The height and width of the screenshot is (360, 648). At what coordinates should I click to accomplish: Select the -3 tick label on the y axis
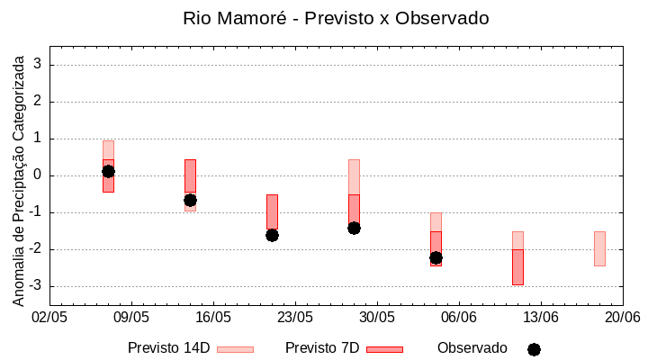point(36,286)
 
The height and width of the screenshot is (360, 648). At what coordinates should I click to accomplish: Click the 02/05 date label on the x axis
point(49,318)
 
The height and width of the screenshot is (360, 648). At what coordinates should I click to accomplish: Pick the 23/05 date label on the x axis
point(295,318)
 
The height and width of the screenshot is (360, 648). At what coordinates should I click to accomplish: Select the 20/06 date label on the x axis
point(622,318)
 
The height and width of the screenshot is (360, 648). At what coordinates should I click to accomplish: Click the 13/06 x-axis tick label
point(541,318)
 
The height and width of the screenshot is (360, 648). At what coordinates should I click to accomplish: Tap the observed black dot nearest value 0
point(108,171)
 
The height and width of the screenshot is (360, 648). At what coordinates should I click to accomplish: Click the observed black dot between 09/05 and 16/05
point(190,200)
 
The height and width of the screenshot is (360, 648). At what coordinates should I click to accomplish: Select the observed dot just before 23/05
point(272,235)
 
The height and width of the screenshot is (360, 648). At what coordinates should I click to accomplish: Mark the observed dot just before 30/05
point(354,228)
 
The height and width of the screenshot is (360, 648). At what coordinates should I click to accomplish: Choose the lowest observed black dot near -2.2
point(436,257)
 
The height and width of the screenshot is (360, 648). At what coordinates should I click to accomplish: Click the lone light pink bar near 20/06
point(599,248)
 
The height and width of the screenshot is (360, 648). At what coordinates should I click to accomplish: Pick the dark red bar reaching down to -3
point(517,267)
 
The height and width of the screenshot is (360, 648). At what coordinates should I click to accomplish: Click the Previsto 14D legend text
point(169,348)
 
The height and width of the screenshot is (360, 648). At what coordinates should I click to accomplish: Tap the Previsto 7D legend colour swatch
point(384,349)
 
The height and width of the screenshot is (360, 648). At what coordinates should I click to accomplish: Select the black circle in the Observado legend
point(534,349)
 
